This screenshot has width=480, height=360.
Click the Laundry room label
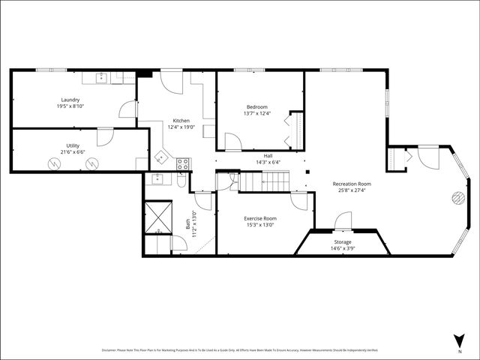pos(70,100)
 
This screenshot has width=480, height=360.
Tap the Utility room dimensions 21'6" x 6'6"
pos(73,152)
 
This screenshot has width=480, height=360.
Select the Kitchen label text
pos(181,121)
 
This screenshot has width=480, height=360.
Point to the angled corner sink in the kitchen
pos(160,158)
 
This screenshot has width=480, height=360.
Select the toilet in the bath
pos(182,182)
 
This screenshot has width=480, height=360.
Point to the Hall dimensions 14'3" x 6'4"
pos(268,162)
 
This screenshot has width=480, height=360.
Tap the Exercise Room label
pos(260,218)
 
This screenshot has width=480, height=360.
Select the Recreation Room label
pos(352,184)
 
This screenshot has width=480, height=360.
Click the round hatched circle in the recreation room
pos(456,198)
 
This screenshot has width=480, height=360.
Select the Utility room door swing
pos(105,136)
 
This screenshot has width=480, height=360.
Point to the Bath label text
pos(187,223)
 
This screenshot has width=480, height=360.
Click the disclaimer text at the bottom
pos(240,350)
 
